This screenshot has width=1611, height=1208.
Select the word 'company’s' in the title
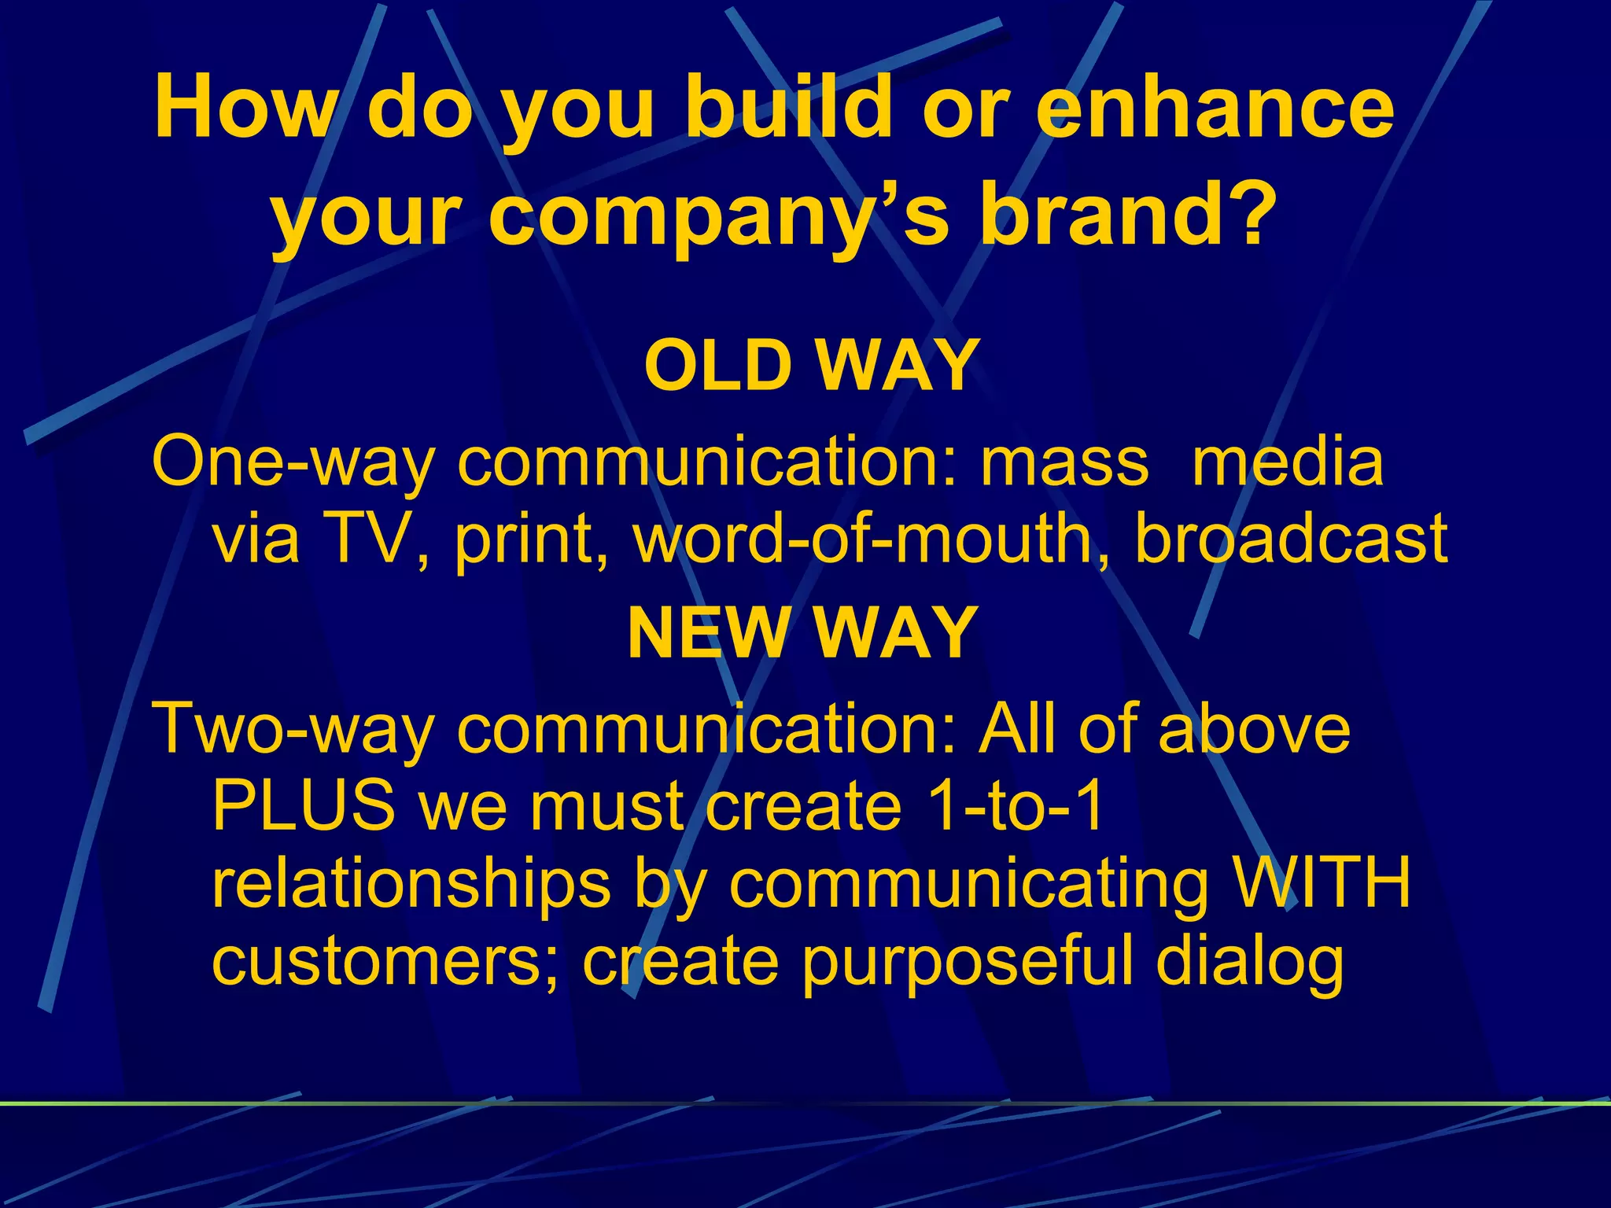coord(718,216)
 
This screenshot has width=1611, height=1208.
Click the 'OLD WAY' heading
coord(811,365)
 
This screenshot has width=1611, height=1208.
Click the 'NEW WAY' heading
coord(802,632)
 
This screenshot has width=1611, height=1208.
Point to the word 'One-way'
coord(292,462)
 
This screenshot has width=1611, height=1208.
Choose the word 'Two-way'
coord(292,730)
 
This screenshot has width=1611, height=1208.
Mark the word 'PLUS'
coord(304,805)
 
